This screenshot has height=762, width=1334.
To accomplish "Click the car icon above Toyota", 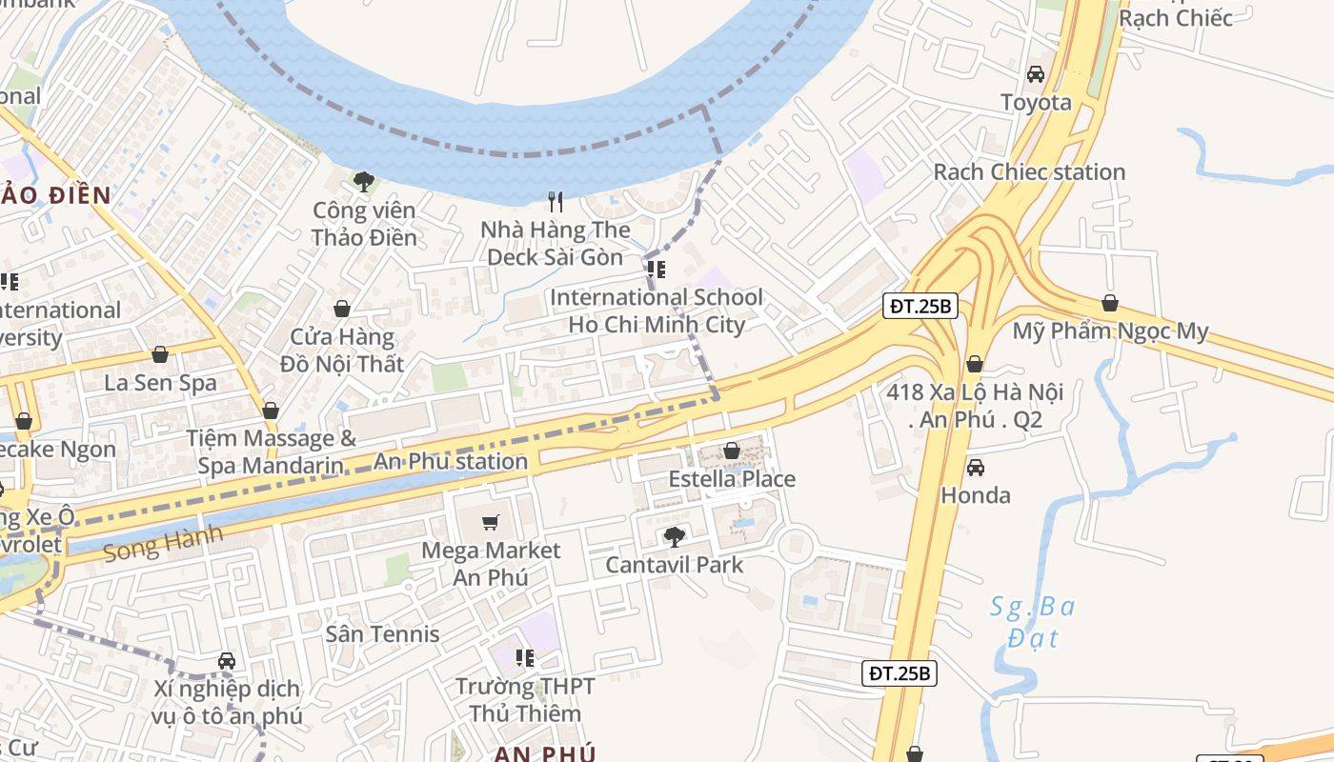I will coord(1036,74).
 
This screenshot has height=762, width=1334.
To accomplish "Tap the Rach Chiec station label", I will coord(1029,172).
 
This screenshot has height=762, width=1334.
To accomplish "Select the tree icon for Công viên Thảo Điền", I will coord(363,181).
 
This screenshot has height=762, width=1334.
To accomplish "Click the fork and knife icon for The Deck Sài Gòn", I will coord(556,202).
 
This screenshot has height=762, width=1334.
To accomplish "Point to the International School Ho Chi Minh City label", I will coord(657,311).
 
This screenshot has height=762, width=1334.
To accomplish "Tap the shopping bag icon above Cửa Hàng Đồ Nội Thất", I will coord(342,310).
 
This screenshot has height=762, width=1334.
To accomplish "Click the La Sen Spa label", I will coord(160,383).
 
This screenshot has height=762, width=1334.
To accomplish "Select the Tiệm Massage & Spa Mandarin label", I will coord(271,451).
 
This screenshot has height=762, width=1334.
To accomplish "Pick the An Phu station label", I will coord(450,462).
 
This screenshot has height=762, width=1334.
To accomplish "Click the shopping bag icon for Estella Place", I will coord(732,451).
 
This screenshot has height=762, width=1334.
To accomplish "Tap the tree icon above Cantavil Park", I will coord(675,537).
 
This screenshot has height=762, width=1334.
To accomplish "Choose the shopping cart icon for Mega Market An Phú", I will coord(491,522).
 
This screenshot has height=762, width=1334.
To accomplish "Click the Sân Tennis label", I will coord(382,634).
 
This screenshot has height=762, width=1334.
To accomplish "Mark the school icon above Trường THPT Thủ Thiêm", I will coord(524,658).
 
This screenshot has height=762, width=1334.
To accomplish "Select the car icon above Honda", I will coord(976,468).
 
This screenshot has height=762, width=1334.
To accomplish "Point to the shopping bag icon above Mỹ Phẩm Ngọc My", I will coord(1110,304).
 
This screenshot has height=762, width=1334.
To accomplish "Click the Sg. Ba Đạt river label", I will coord(1033,621).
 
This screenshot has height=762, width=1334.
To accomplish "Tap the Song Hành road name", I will coord(163,543).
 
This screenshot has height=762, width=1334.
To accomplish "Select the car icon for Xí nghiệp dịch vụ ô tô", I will coord(227,661).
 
